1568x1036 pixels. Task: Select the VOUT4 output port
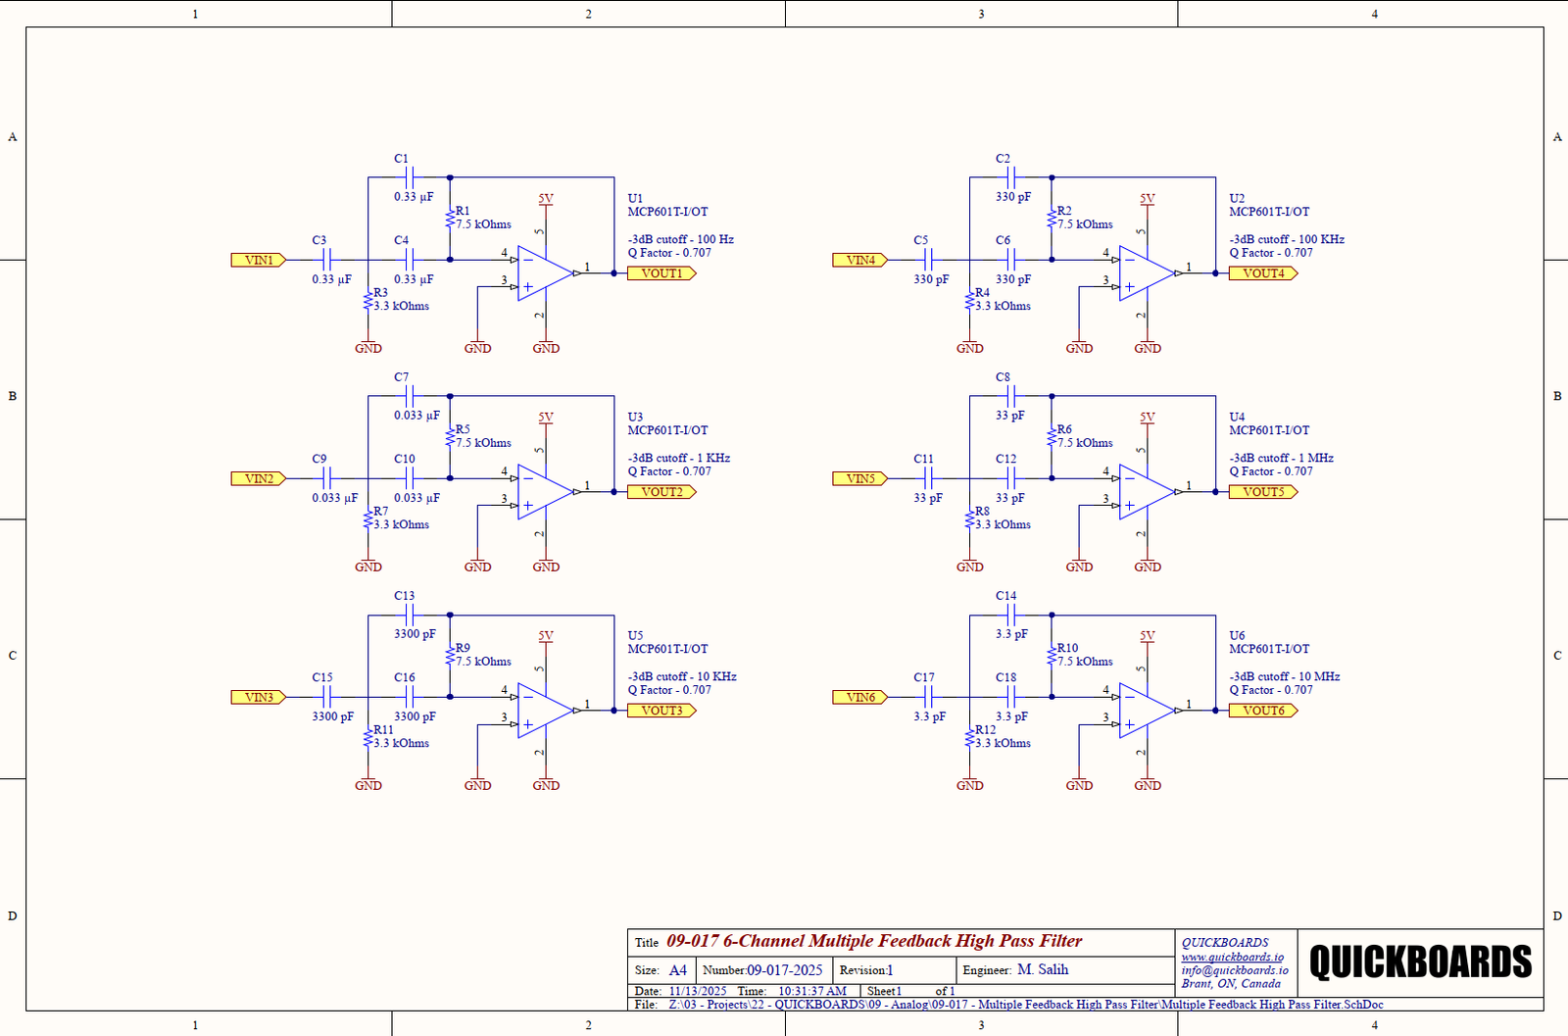[1263, 273]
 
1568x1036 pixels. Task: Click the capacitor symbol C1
[410, 177]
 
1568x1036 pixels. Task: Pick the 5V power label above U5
[546, 636]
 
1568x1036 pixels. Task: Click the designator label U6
[1237, 635]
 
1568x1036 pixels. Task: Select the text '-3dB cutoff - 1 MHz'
[1281, 458]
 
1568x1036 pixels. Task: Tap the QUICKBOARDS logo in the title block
[1420, 962]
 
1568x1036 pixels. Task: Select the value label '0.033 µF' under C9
[334, 498]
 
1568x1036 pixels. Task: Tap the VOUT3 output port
[661, 711]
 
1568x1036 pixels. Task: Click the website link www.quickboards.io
[1232, 957]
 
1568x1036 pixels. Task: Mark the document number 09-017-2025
[784, 970]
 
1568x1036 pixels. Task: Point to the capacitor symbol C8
[1011, 396]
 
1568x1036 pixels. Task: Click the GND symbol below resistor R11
[368, 784]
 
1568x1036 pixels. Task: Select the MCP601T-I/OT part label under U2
[1269, 212]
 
